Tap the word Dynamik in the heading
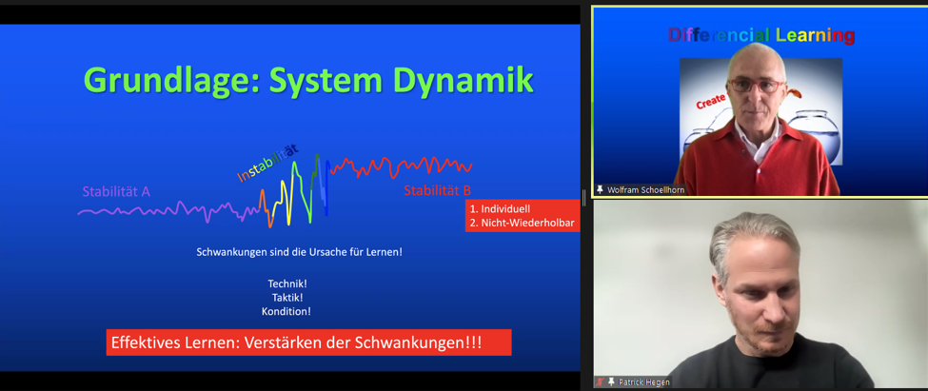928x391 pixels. (x=464, y=81)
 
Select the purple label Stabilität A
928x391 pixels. (x=116, y=191)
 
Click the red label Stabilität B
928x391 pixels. (x=438, y=190)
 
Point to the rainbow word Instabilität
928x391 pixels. (x=267, y=163)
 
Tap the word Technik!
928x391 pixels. (x=287, y=283)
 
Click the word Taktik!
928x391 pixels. (x=287, y=298)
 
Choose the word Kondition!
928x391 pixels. (x=286, y=311)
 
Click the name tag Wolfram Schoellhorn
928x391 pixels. (x=645, y=190)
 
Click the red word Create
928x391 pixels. (x=711, y=102)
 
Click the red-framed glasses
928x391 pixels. (x=756, y=86)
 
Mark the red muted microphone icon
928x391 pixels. (x=602, y=382)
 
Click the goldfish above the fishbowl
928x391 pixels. (x=798, y=94)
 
